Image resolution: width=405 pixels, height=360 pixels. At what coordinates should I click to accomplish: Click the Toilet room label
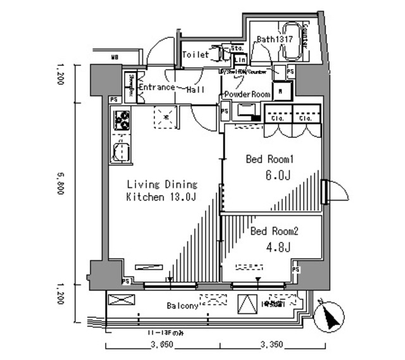pos(195,55)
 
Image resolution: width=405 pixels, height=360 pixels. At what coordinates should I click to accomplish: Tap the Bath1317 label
pos(274,39)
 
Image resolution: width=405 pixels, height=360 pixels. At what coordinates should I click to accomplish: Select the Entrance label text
pos(156,87)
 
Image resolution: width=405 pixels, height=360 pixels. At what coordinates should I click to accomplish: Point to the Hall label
pos(194,90)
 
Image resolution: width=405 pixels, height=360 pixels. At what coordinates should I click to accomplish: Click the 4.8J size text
pos(278,247)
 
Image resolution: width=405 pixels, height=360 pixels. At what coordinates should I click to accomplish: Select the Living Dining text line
pos(162,185)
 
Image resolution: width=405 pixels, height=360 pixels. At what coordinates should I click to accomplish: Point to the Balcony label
pos(183,306)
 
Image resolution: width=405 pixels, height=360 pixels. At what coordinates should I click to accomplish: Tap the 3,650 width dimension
pos(163,345)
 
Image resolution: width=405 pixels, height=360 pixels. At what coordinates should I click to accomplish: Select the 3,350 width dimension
pos(273,345)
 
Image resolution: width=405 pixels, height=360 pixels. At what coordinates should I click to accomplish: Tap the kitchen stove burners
pos(121,120)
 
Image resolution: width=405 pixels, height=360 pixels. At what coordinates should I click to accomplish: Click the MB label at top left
pos(115,58)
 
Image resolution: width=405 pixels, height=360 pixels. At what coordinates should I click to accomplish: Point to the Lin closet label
pos(240,59)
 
